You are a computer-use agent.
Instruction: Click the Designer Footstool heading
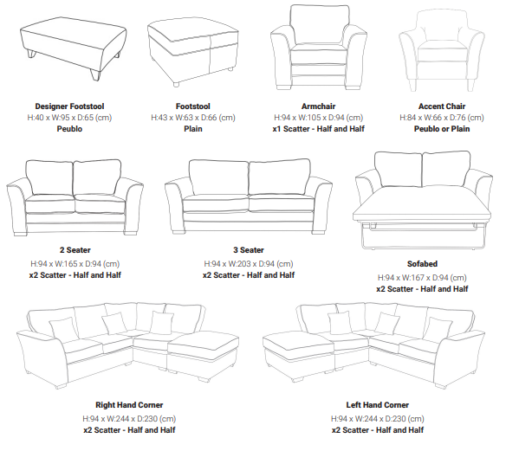(x=69, y=106)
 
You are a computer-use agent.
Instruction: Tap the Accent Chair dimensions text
(x=442, y=118)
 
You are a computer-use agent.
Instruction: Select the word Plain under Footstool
(x=193, y=129)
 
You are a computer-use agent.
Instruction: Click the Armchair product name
(x=318, y=106)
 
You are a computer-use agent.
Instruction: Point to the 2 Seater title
(x=75, y=250)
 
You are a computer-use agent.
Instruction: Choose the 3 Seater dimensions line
(x=249, y=264)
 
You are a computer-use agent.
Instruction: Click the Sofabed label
(x=422, y=264)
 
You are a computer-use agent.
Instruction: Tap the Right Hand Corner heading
(x=129, y=405)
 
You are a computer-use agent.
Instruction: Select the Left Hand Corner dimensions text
(x=377, y=419)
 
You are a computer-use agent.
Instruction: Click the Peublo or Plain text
(x=442, y=129)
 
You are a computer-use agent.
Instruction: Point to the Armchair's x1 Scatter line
(x=318, y=129)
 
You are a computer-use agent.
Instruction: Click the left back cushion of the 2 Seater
(x=49, y=177)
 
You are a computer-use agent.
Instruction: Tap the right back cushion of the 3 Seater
(x=280, y=177)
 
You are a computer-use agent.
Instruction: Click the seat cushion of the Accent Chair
(x=442, y=51)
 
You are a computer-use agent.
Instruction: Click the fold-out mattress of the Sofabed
(x=422, y=205)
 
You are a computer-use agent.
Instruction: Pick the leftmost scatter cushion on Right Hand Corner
(x=63, y=328)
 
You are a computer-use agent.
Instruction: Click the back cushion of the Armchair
(x=320, y=25)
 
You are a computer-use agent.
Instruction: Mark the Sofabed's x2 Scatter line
(x=422, y=289)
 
